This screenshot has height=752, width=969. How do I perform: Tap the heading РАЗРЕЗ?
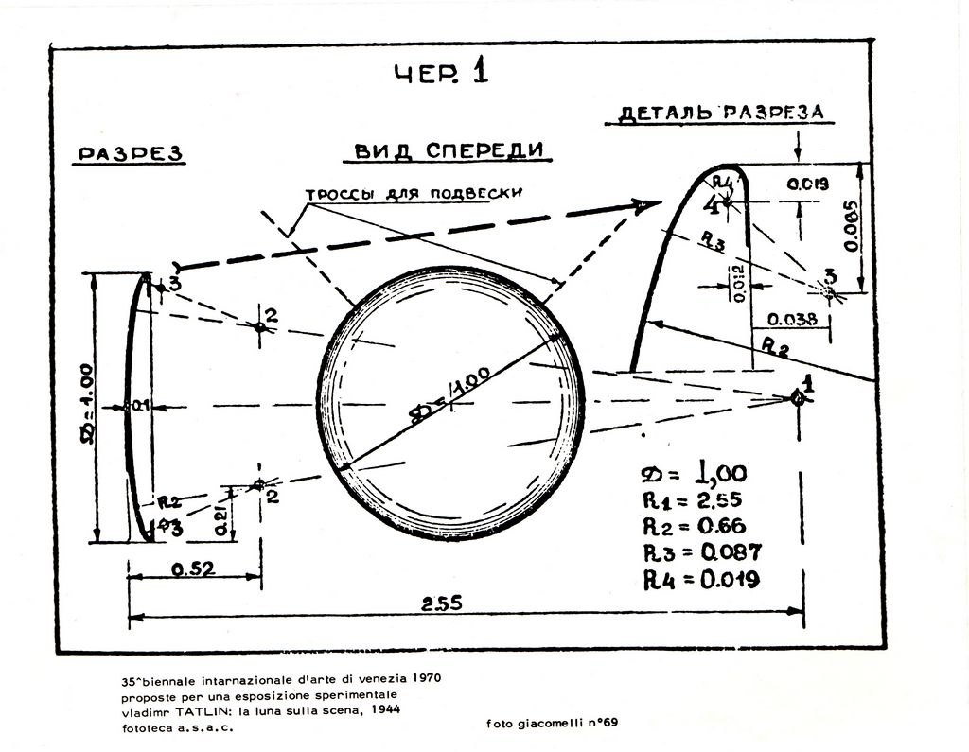(129, 153)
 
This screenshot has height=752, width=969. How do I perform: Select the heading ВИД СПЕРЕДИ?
(449, 150)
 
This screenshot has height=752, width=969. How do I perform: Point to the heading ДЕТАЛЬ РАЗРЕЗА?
(721, 113)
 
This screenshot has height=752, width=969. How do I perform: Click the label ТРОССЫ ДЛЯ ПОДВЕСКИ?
(414, 194)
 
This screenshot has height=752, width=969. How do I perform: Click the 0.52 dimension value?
(193, 568)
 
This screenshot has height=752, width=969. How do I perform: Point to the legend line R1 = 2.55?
(693, 501)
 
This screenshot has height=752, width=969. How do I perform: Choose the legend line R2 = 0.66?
(695, 527)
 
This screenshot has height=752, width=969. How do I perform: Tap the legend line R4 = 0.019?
(701, 579)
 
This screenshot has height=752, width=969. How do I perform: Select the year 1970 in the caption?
(423, 679)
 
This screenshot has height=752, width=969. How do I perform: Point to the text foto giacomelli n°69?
(553, 724)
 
